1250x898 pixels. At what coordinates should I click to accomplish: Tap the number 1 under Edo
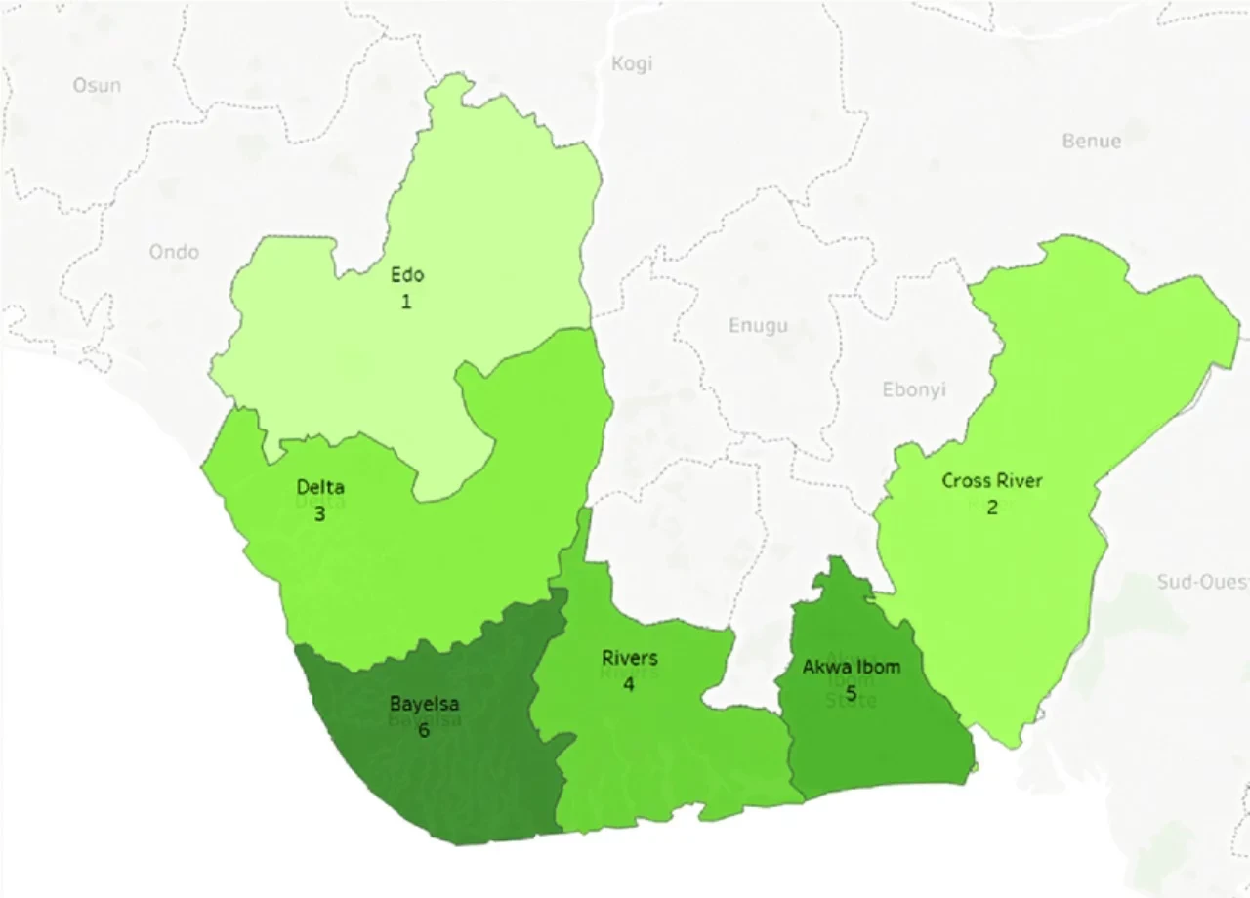coord(406,302)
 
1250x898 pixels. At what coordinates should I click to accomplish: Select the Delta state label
coord(320,487)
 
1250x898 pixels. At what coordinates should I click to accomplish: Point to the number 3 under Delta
coord(319,513)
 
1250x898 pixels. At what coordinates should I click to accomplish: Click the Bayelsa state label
coord(424,703)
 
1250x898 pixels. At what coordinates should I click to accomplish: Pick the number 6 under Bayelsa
coord(424,730)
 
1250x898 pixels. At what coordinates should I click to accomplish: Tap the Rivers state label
coord(630,658)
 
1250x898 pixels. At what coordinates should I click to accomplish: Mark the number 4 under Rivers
coord(629,684)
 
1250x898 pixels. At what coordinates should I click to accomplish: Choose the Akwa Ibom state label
coord(852,668)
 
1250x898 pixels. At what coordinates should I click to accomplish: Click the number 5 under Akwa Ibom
coord(851,694)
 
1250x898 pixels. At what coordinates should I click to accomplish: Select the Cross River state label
coord(992,480)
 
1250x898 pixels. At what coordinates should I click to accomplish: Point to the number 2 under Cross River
coord(992,508)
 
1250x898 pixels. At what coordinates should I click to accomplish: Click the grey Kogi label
coord(631,64)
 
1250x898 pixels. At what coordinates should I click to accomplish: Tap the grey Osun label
coord(97,86)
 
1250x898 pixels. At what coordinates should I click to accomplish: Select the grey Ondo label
coord(174,252)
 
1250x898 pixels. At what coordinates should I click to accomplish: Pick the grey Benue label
coord(1091,141)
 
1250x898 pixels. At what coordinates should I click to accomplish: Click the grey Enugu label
coord(758,325)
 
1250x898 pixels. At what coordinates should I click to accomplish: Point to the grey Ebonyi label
coord(914,389)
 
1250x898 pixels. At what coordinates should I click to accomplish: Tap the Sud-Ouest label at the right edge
coord(1202,583)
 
